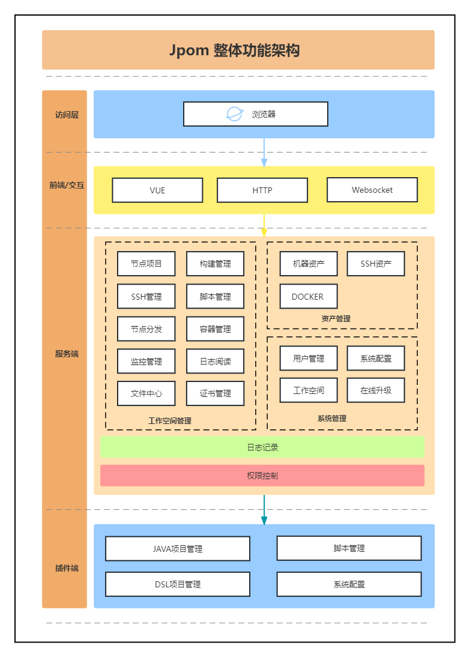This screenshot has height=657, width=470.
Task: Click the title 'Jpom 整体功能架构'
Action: tap(235, 50)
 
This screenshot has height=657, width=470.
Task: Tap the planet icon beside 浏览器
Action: tap(234, 114)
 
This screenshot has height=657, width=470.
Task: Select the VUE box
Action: tap(157, 190)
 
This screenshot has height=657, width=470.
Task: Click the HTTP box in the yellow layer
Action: tap(262, 190)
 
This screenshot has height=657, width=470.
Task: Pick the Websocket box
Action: tap(372, 190)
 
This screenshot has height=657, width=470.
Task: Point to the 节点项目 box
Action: tap(146, 264)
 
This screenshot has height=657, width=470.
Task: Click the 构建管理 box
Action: tap(215, 264)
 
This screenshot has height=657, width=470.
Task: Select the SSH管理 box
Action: tap(146, 297)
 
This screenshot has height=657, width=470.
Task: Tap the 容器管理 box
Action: tap(215, 329)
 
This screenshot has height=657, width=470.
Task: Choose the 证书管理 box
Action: tap(215, 394)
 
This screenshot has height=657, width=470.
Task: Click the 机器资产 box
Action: tap(309, 264)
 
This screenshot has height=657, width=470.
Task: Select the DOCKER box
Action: tap(309, 297)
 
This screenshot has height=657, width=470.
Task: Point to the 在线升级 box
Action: tap(376, 390)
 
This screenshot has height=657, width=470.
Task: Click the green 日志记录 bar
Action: tap(262, 447)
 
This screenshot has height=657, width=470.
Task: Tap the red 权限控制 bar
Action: tap(262, 476)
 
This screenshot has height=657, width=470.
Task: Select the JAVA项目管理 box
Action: tap(178, 549)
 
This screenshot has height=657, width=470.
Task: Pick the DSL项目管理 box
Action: tap(178, 584)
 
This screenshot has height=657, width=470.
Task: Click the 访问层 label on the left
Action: tap(67, 115)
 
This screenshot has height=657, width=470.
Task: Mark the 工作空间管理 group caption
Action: tap(170, 421)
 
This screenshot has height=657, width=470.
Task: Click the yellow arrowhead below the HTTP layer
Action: tap(264, 232)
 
